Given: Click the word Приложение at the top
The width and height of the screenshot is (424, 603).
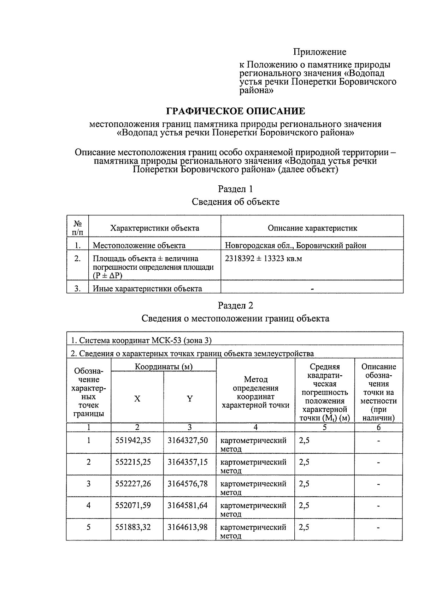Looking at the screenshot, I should pyautogui.click(x=319, y=52).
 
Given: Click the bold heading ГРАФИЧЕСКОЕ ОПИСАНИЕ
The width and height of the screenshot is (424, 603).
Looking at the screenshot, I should pyautogui.click(x=235, y=111).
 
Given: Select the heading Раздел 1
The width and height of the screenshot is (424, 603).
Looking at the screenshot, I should pyautogui.click(x=235, y=189).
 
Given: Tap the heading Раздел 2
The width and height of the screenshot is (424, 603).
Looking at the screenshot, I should pyautogui.click(x=235, y=305).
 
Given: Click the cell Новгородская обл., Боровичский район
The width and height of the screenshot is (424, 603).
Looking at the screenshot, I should pyautogui.click(x=295, y=245).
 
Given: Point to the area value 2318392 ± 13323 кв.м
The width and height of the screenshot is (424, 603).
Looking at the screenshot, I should pyautogui.click(x=263, y=259).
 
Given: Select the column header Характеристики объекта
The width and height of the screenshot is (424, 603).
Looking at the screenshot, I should pyautogui.click(x=154, y=228).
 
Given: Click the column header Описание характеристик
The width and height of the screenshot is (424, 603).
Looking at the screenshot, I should pyautogui.click(x=312, y=228).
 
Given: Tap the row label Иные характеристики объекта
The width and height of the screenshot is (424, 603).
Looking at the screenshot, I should pyautogui.click(x=147, y=289).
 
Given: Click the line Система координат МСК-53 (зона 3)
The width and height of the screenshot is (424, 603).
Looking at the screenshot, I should pyautogui.click(x=141, y=340).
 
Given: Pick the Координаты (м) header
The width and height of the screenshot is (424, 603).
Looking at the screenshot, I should pyautogui.click(x=164, y=367).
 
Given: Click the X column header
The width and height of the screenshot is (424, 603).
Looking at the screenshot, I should pyautogui.click(x=137, y=399).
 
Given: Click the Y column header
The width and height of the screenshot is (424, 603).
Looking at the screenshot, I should pyautogui.click(x=190, y=399).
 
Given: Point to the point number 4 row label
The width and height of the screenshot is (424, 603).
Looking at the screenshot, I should pyautogui.click(x=88, y=506).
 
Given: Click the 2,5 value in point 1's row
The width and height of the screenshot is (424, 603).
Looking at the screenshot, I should pyautogui.click(x=304, y=441).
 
